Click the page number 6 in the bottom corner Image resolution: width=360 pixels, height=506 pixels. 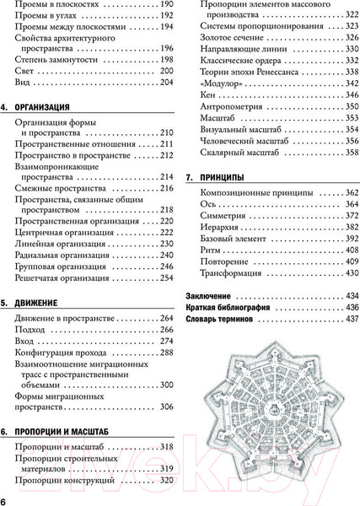coord(6,499)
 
